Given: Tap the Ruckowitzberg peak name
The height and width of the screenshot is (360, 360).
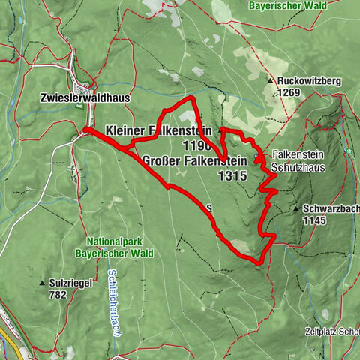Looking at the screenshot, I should [310, 80].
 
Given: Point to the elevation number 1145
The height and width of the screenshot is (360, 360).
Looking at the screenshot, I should [317, 221].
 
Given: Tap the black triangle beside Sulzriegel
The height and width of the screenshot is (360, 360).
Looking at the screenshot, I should [42, 283].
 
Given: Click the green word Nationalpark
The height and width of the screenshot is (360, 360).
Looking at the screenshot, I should [118, 242].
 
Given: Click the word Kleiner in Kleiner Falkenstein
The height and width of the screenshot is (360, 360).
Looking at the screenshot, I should [127, 130].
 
